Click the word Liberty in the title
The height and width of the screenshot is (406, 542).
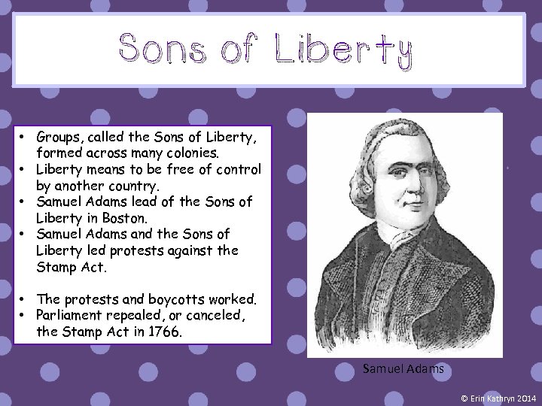pos(343,50)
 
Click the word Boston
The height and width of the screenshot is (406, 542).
pos(129,218)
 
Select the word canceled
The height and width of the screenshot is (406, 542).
pos(219,314)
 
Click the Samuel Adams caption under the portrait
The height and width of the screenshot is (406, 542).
pos(403,369)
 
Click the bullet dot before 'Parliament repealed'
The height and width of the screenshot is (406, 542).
pos(24,314)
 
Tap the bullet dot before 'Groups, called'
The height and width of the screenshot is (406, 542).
pos(24,136)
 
